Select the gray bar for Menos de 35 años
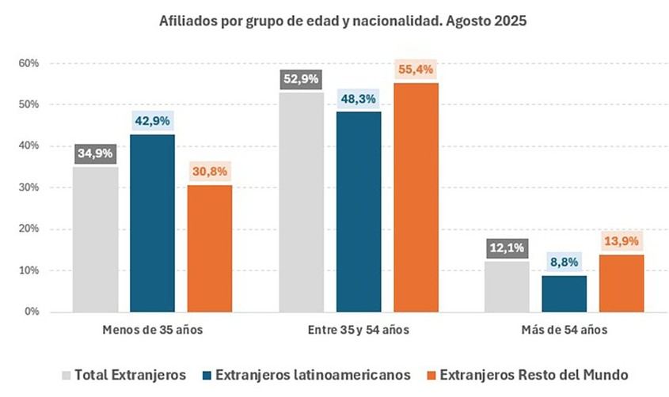(96, 239)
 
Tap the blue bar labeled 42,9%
(153, 223)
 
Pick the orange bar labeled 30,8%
(210, 248)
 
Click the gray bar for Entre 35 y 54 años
(302, 202)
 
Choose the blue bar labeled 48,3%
(359, 211)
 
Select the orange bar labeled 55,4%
(416, 197)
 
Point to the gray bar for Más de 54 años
(507, 286)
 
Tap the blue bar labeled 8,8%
(564, 293)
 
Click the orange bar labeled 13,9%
(621, 282)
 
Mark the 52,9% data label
(302, 79)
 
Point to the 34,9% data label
(96, 153)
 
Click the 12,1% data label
(507, 248)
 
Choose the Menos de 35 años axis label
(153, 330)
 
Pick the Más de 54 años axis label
(564, 330)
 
